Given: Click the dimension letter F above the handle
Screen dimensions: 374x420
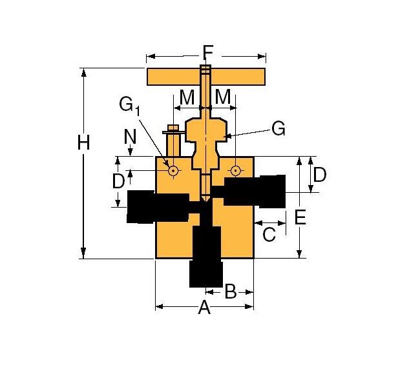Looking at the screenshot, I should (x=207, y=52).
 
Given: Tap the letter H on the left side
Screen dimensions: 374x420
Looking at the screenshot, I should (x=83, y=143).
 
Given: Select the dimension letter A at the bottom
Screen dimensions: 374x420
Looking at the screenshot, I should (x=204, y=308).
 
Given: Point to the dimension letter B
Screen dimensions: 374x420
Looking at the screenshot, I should (x=230, y=291).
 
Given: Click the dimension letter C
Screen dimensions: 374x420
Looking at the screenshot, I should (x=269, y=234).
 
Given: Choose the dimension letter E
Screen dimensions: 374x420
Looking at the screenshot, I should (x=300, y=217).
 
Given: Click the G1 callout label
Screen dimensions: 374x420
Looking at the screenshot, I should (x=129, y=105).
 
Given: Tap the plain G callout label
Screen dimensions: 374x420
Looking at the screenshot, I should (x=278, y=129).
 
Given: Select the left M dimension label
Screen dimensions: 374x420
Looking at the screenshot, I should (x=187, y=97).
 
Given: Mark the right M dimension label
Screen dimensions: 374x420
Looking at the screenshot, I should (x=223, y=97).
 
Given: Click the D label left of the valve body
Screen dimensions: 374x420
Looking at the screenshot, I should (x=118, y=181).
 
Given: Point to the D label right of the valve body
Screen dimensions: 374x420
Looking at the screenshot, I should (x=319, y=174).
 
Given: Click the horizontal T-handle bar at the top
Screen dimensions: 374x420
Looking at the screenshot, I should (x=174, y=77).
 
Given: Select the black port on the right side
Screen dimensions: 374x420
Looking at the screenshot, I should (x=255, y=191).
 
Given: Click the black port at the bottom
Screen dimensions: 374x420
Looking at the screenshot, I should (x=205, y=255).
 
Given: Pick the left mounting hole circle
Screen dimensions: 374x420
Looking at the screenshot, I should (x=173, y=171).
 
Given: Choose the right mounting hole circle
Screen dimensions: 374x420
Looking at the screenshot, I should (x=235, y=171).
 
